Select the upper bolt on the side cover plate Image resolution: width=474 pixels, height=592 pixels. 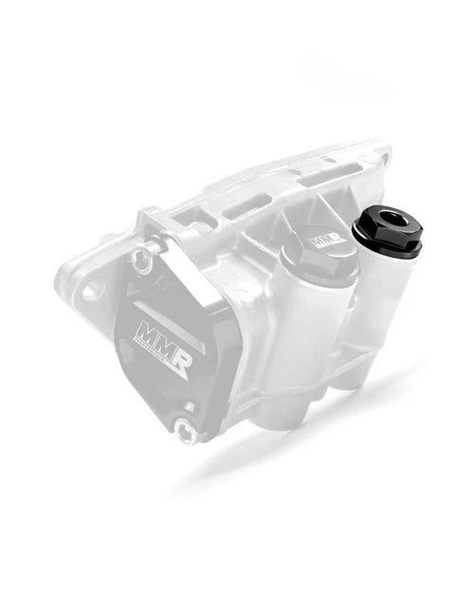coord(141,258)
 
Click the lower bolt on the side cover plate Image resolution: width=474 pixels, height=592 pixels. coord(187,432)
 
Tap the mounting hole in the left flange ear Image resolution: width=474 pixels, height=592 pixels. coord(92,288)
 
